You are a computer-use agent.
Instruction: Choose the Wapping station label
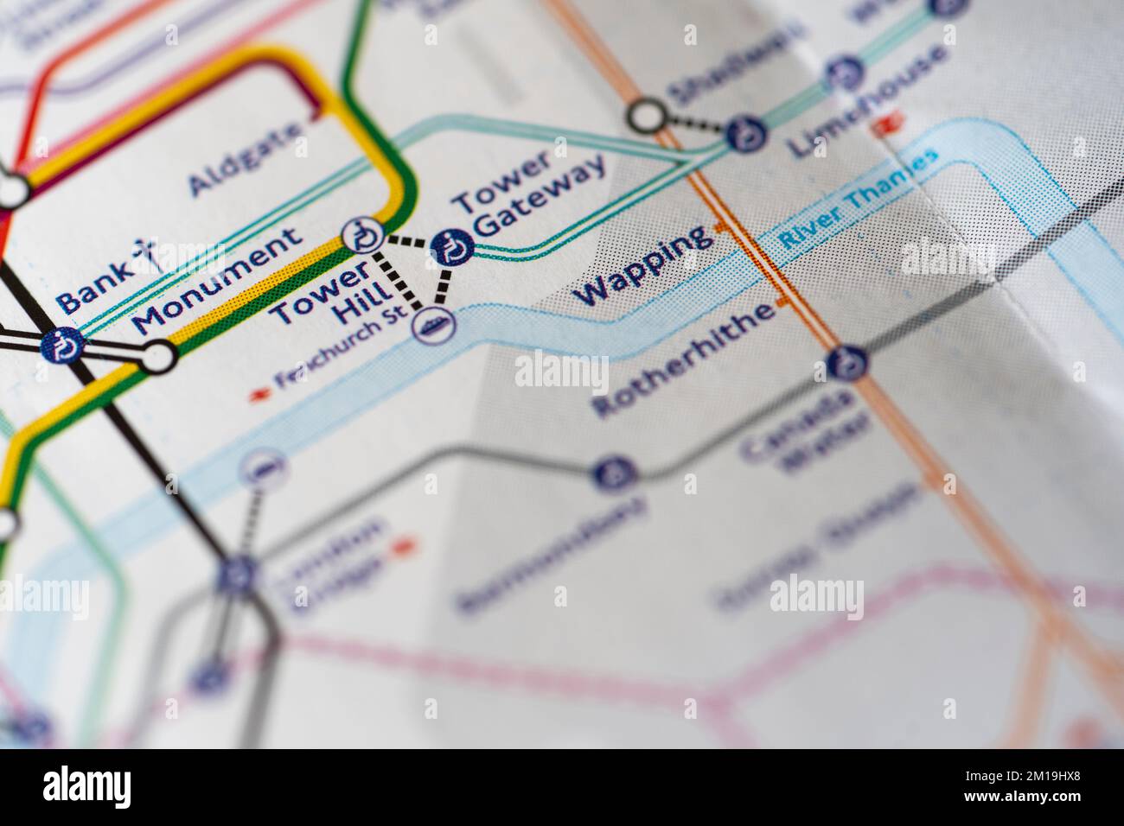[644, 265]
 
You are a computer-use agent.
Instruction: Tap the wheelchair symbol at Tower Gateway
[452, 247]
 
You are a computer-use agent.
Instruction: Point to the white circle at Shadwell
[647, 115]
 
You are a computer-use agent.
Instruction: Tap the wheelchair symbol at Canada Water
[845, 362]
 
